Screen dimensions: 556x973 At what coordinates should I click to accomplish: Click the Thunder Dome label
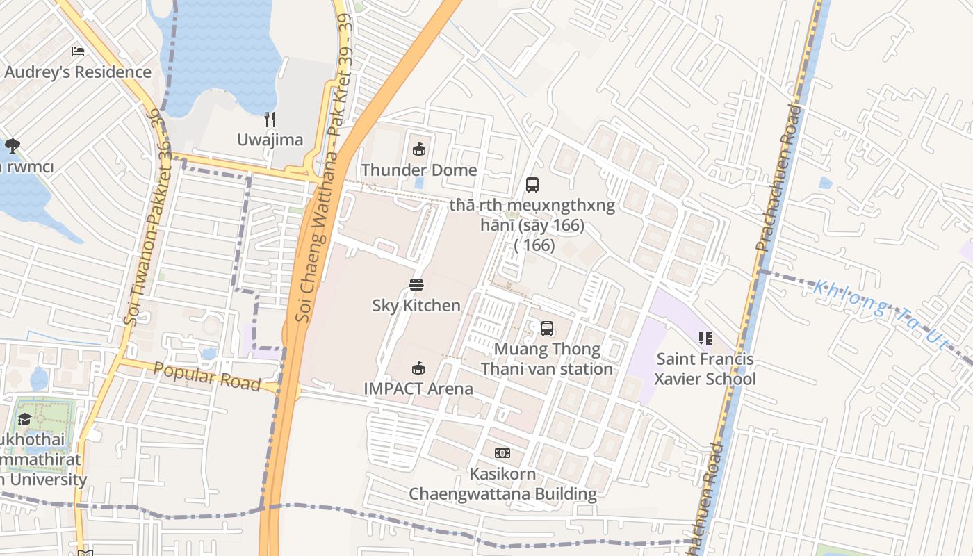[x=418, y=170]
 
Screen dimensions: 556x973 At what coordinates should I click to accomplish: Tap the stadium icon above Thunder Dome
[x=419, y=149]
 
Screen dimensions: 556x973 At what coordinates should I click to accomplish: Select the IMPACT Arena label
[x=418, y=389]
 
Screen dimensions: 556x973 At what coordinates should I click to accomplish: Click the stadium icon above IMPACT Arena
[x=418, y=368]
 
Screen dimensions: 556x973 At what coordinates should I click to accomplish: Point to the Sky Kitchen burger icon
[x=416, y=285]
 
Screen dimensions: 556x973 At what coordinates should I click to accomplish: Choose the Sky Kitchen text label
[x=416, y=306]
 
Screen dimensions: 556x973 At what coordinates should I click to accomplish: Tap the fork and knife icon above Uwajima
[x=270, y=120]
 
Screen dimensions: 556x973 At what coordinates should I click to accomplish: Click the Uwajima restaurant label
[x=270, y=140]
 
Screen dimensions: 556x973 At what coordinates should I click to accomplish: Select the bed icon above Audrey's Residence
[x=78, y=51]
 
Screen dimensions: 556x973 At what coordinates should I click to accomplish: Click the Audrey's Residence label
[x=78, y=72]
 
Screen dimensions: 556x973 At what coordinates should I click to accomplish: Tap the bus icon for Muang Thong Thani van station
[x=547, y=329]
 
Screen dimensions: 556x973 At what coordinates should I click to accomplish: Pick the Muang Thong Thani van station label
[x=547, y=359]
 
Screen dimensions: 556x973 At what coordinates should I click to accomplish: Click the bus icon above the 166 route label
[x=532, y=185]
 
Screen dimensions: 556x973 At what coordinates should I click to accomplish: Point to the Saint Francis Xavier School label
[x=705, y=369]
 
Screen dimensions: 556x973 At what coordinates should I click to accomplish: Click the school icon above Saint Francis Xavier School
[x=705, y=338]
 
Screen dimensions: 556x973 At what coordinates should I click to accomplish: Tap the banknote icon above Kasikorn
[x=502, y=453]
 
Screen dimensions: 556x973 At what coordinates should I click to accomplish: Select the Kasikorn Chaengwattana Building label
[x=502, y=484]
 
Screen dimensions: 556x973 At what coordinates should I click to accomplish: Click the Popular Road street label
[x=207, y=377]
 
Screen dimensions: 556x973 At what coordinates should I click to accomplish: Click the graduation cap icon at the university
[x=25, y=418]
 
